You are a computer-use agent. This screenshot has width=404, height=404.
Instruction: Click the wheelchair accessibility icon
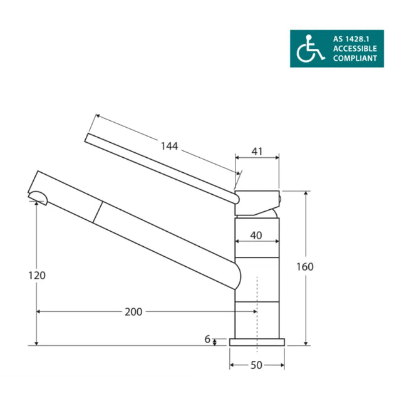coord(309,49)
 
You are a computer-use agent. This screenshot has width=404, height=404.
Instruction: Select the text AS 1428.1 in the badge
coord(351,39)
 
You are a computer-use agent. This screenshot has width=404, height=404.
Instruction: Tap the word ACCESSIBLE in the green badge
coord(355,48)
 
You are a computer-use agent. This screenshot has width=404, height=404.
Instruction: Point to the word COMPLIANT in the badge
coord(355,58)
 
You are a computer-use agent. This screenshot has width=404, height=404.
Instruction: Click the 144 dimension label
coord(169,146)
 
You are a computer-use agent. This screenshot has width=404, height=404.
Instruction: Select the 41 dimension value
coord(257,152)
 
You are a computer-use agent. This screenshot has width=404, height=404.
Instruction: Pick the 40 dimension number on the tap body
coord(256,236)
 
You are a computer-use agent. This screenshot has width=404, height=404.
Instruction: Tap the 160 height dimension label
coord(305,267)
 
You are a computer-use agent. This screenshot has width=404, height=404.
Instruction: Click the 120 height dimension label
coord(37,276)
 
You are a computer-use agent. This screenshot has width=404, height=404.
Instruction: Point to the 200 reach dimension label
coord(133,312)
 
